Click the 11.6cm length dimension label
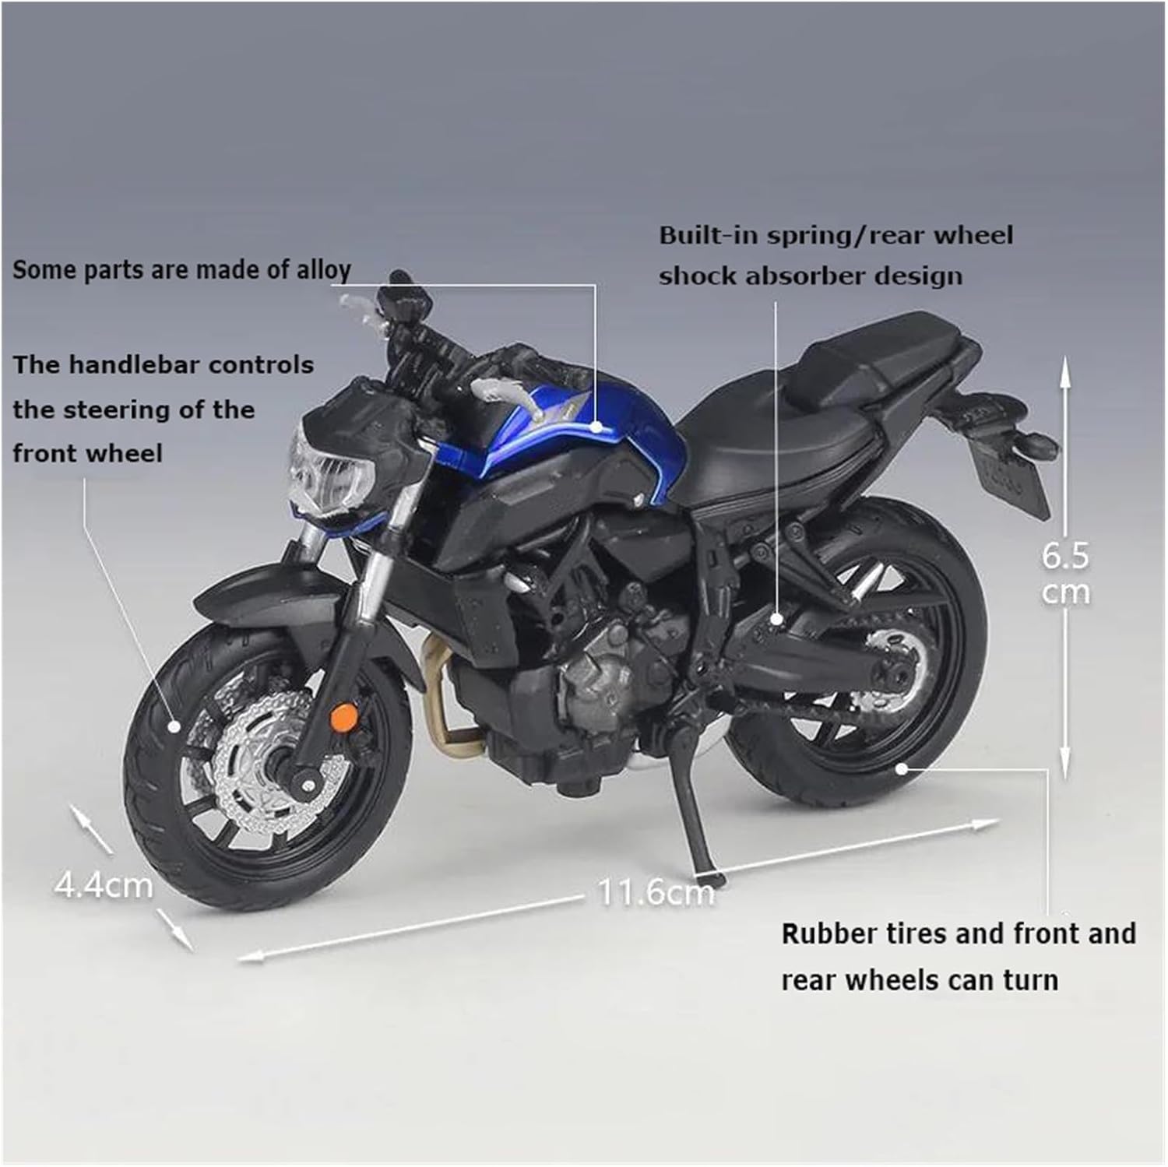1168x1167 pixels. click(656, 892)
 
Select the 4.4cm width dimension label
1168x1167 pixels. click(104, 885)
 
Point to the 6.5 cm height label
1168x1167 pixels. click(1065, 574)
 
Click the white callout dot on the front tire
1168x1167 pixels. click(174, 726)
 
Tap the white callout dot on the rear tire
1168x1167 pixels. click(901, 768)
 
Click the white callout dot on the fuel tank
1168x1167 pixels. click(596, 426)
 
